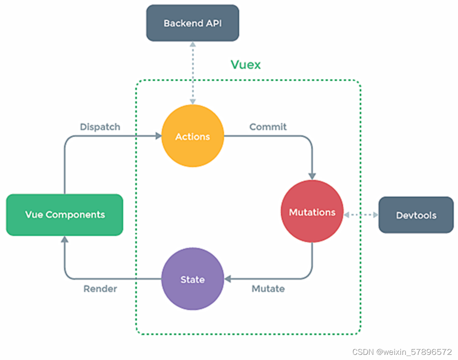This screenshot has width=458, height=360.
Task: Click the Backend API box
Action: (x=192, y=23)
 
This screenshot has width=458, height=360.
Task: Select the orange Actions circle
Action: (x=192, y=136)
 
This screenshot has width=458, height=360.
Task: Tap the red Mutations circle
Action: (x=312, y=212)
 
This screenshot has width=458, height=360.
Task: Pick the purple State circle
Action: (x=192, y=279)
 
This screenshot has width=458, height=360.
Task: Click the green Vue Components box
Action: (x=64, y=214)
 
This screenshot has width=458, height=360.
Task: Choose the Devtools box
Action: (x=415, y=215)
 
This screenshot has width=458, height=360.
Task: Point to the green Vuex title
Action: (x=245, y=65)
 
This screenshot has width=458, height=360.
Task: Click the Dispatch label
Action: (x=100, y=127)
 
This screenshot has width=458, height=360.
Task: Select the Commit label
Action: (x=268, y=127)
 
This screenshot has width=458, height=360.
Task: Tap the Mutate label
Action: (x=268, y=289)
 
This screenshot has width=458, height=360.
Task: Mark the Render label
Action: (x=100, y=289)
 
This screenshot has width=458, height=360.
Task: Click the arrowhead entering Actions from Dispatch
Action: (x=158, y=136)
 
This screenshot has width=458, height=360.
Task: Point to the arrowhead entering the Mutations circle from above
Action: (x=312, y=176)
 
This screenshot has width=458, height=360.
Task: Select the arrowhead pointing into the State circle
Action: (x=228, y=279)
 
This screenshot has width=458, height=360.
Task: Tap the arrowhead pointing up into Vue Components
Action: (x=64, y=239)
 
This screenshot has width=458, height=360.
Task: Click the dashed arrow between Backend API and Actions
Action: (x=193, y=73)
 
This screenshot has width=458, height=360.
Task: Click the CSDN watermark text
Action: (x=402, y=352)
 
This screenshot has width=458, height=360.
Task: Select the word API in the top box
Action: (x=214, y=23)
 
